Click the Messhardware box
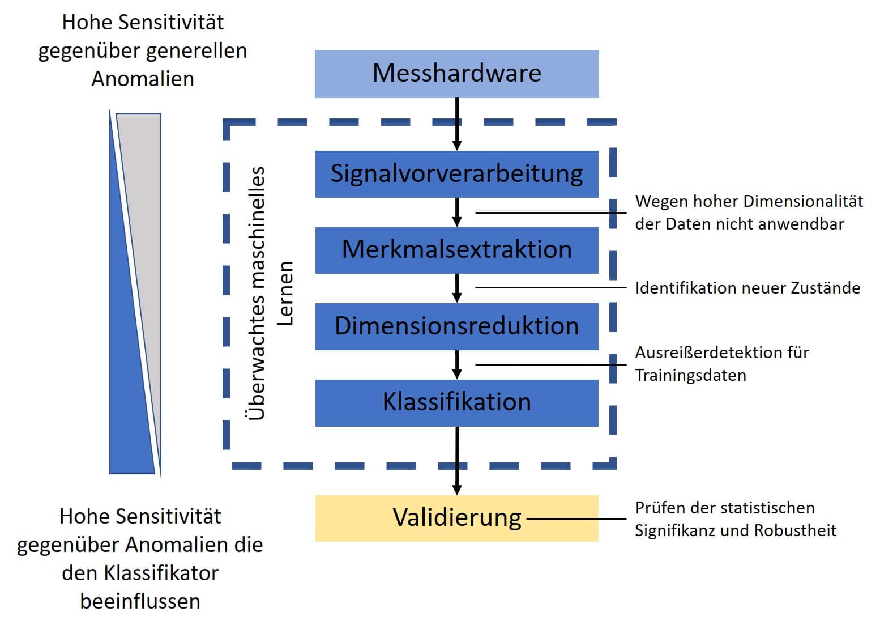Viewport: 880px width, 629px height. point(456,74)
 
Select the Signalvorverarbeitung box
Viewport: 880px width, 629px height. point(456,174)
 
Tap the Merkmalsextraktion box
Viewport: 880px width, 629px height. point(456,250)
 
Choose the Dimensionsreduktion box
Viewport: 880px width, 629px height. point(456,326)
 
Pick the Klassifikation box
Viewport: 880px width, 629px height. point(456,402)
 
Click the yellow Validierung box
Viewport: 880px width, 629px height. point(456,518)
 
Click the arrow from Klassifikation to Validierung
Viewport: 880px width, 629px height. point(457,460)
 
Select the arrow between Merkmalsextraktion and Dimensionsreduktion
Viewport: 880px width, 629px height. point(457,288)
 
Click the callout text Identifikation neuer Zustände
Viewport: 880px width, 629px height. point(747,288)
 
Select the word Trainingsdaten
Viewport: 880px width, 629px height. point(690,375)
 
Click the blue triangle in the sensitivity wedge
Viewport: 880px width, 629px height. point(128,385)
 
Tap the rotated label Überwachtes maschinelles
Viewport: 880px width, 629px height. point(257,292)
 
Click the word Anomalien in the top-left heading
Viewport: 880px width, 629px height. point(143,79)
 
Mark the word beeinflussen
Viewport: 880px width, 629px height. point(140,601)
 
